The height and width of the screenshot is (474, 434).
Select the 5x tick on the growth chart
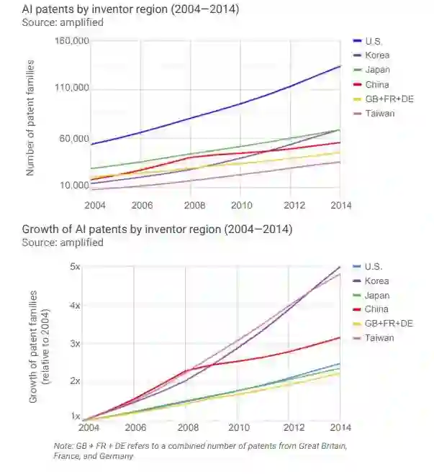(75, 266)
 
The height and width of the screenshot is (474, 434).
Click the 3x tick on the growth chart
(75, 343)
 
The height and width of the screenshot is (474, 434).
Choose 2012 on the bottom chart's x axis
(290, 425)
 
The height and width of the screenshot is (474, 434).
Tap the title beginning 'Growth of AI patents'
(156, 229)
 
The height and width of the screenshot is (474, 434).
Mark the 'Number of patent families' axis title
(31, 117)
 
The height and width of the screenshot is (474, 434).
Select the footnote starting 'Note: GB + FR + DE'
(199, 451)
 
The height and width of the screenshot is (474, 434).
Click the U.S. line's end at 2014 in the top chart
(340, 66)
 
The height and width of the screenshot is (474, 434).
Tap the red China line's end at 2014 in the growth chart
(340, 337)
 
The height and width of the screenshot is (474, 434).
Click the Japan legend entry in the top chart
(377, 70)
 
